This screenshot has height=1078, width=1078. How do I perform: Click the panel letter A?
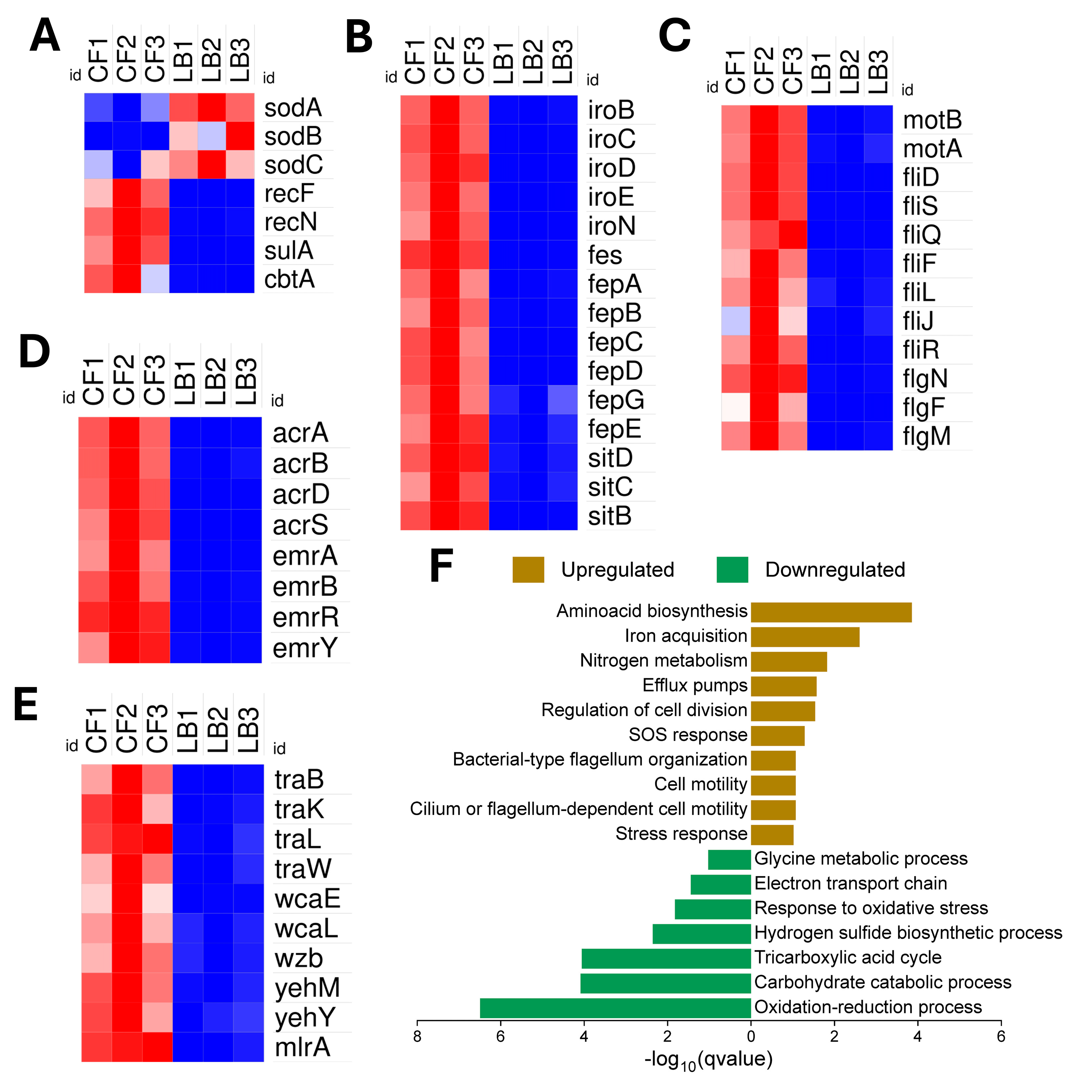45,36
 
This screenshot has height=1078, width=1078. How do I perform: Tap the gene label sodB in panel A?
292,136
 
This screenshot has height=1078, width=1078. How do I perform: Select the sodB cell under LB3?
240,136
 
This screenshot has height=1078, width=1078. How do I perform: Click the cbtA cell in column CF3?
155,278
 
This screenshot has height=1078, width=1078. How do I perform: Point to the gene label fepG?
616,400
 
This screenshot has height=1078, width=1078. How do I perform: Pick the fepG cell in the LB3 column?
563,400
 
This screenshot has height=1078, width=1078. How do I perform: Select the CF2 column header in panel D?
124,379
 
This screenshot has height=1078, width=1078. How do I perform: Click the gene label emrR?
305,617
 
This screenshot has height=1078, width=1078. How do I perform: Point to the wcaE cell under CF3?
157,898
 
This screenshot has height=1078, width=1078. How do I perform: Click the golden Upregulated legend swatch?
528,570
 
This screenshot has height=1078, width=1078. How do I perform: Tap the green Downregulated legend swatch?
732,570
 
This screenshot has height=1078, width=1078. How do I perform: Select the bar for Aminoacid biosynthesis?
831,612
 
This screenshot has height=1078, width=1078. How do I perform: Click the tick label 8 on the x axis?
417,1036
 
